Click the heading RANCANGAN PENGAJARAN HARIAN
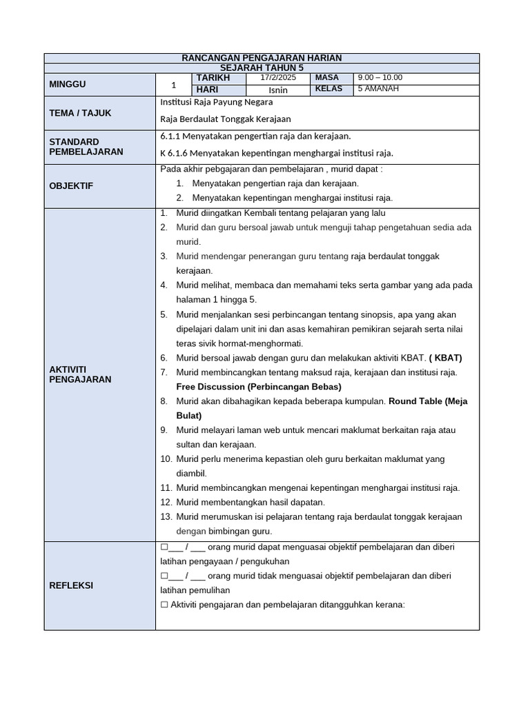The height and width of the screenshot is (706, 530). (262, 58)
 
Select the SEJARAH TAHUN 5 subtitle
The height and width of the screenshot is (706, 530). (262, 68)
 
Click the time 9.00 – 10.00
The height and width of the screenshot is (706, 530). (380, 78)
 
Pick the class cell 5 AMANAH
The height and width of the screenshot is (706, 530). (378, 89)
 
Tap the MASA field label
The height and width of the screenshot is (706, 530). (327, 78)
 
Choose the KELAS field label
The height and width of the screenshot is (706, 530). (328, 89)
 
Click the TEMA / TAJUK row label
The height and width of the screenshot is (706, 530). (80, 113)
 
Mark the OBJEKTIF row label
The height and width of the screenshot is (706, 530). (71, 186)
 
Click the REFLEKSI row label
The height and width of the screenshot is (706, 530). (71, 585)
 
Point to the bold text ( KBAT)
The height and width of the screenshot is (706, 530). (445, 358)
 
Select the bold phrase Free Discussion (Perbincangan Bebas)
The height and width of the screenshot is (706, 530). (253, 387)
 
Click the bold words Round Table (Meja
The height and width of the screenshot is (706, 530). (426, 401)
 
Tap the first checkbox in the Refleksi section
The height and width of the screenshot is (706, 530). (164, 547)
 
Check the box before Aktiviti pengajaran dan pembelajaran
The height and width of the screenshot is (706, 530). (164, 605)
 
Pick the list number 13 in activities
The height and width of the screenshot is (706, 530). (166, 516)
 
